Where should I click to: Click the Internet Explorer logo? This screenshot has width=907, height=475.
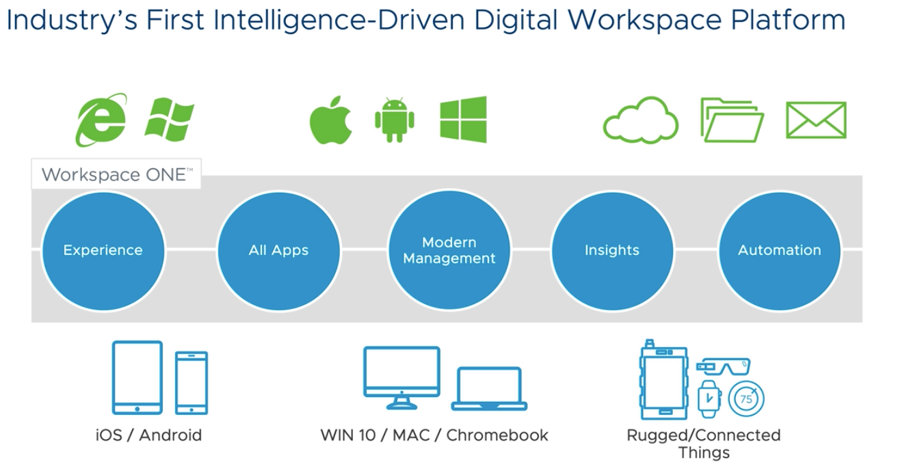point(101,120)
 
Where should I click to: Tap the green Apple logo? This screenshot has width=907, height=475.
point(331,120)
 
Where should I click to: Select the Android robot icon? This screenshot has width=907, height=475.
point(395,120)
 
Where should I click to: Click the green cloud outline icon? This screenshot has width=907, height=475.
point(640,128)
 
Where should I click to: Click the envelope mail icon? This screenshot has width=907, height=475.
point(816,120)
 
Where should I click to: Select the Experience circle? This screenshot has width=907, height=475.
point(103,251)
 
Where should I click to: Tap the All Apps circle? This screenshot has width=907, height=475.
point(278,251)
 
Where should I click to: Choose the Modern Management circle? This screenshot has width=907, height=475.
point(449,250)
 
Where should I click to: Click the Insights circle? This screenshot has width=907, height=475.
point(612,251)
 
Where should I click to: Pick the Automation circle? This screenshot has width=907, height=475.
point(780,251)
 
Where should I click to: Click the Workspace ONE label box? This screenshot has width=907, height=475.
point(116,174)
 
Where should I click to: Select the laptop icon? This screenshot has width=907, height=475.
point(489,388)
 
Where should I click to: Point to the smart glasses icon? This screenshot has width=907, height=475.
point(723,366)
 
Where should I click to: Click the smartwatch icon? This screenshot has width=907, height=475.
point(709,399)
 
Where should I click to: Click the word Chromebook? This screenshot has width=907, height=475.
point(497,435)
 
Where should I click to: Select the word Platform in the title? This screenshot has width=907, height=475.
point(788,21)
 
